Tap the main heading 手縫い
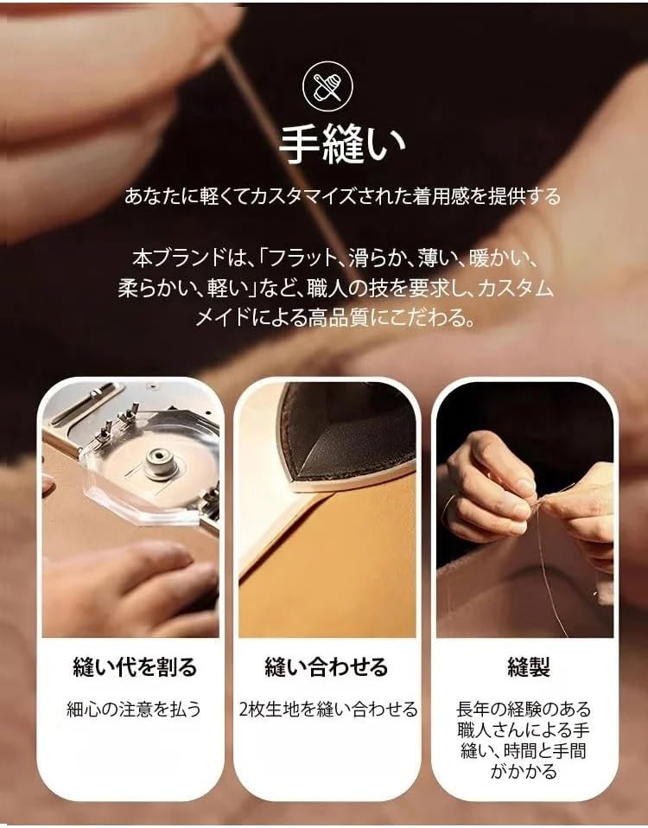(343, 145)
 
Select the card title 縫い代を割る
(134, 667)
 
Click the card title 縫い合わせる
(326, 667)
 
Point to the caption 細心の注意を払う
(134, 710)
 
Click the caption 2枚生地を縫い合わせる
(327, 710)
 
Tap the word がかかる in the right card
(527, 772)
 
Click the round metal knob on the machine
(162, 463)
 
